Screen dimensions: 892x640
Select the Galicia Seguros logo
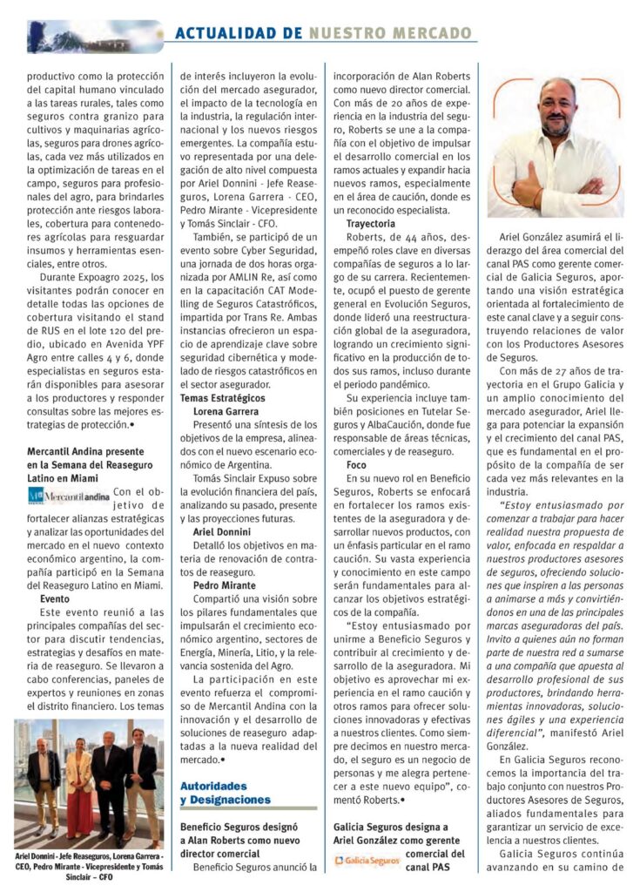(x=367, y=861)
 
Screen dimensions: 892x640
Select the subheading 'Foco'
(x=357, y=465)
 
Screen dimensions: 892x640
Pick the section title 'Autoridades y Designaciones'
(x=225, y=792)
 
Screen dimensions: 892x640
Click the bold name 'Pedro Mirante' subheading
(x=226, y=585)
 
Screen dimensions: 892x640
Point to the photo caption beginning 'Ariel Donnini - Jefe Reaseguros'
(x=89, y=868)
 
